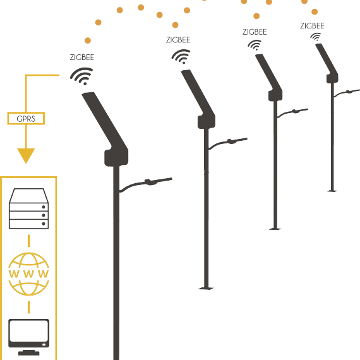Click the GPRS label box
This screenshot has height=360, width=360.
[x=26, y=119]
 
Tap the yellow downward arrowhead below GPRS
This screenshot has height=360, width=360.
[x=26, y=155]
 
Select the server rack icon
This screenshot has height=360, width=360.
[x=28, y=208]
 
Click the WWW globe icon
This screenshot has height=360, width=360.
[x=28, y=273]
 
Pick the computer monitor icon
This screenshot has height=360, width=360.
[x=28, y=337]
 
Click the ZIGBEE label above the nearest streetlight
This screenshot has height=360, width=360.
[x=82, y=57]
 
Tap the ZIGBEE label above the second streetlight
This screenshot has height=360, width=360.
[x=178, y=40]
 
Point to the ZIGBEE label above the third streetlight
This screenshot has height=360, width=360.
[x=255, y=32]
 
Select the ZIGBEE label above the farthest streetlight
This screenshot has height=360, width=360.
[x=312, y=26]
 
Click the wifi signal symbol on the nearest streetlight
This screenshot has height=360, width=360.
[x=82, y=76]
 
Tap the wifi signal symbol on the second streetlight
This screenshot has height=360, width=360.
[x=181, y=56]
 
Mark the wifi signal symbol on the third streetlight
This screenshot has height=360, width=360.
[x=255, y=45]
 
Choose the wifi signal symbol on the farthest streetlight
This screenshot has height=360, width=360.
[x=316, y=37]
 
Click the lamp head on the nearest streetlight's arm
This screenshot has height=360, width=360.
[x=152, y=182]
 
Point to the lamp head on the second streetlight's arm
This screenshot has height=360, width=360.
[x=232, y=141]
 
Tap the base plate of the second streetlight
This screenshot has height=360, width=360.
[x=206, y=289]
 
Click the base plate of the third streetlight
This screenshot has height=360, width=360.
[x=275, y=229]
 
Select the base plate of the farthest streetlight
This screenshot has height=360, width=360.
[x=332, y=191]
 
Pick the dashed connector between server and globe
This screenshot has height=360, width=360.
[x=28, y=241]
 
